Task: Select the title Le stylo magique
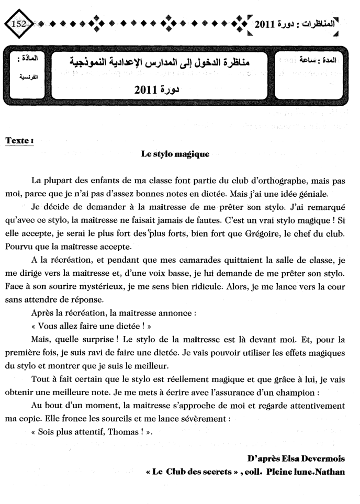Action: pyautogui.click(x=175, y=154)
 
